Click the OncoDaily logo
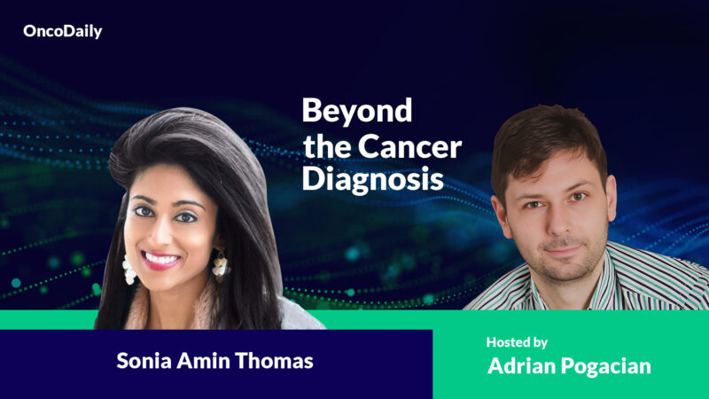[63, 32]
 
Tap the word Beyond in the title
[357, 112]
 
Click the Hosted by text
[517, 341]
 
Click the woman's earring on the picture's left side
[129, 269]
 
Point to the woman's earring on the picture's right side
[217, 262]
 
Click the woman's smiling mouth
[161, 259]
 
